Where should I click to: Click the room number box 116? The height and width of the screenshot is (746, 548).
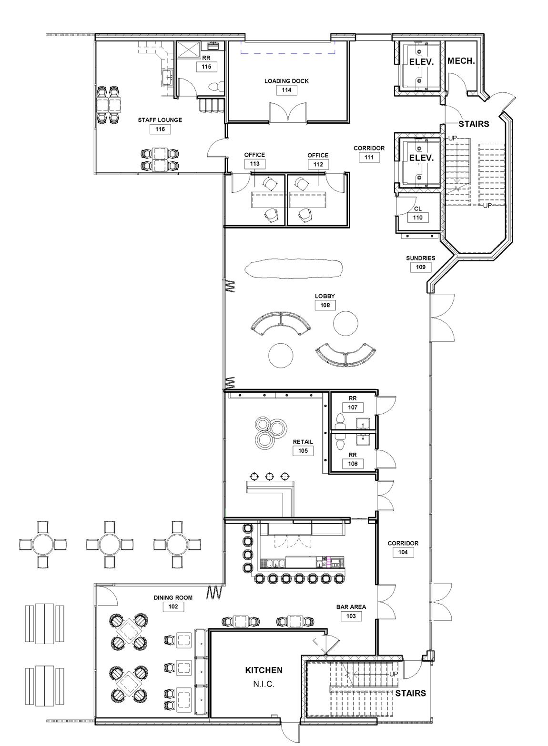[x=160, y=129]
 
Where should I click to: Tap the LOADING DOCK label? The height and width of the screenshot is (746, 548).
[x=286, y=81]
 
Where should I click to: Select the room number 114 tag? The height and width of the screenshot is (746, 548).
[x=286, y=90]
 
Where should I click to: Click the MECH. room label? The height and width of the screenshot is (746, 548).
[x=461, y=61]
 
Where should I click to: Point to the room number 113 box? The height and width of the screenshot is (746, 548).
[x=254, y=164]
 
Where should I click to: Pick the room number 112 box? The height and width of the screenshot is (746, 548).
[x=318, y=164]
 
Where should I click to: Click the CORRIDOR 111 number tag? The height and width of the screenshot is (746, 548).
[x=369, y=157]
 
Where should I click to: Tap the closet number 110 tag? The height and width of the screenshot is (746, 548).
[x=417, y=218]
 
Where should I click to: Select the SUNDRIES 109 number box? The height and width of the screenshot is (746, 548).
[x=420, y=267]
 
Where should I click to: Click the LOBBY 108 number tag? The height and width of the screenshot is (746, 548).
[x=325, y=305]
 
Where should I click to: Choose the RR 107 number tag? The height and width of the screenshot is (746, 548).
[x=353, y=408]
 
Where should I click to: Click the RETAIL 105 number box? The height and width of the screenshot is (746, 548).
[x=303, y=451]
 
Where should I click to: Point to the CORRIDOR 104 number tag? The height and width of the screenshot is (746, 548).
[x=403, y=552]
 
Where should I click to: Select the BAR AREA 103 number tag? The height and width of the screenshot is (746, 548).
[x=351, y=616]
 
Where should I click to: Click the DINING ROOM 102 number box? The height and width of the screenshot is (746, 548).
[x=173, y=607]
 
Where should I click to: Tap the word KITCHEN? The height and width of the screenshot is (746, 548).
[x=264, y=670]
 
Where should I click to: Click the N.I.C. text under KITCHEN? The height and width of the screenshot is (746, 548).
[x=264, y=685]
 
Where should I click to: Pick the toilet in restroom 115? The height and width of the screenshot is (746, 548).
[x=215, y=87]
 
